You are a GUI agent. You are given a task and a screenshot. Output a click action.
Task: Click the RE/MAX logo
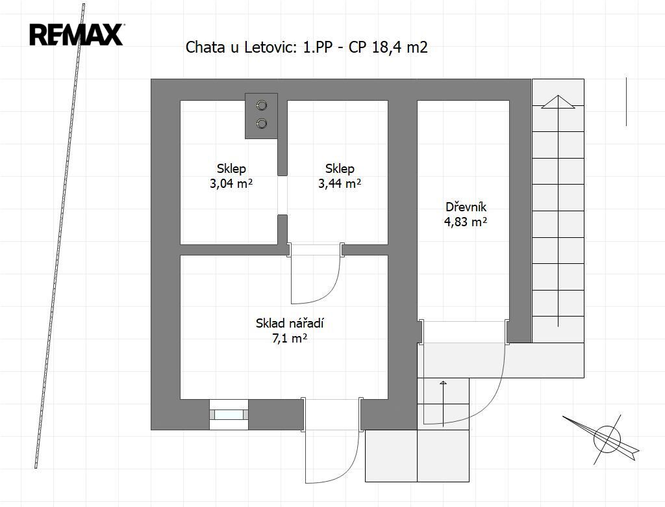click(x=77, y=35)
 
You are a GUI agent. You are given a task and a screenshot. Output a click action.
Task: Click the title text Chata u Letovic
click(x=241, y=47)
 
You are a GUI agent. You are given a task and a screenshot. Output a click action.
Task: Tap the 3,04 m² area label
click(x=231, y=183)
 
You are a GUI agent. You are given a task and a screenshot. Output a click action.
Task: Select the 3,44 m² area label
click(x=340, y=183)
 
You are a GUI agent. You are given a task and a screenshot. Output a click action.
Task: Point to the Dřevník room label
click(x=466, y=207)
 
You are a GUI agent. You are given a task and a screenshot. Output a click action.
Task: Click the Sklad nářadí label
click(x=290, y=324)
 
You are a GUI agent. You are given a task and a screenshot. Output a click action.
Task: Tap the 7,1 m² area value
click(x=290, y=339)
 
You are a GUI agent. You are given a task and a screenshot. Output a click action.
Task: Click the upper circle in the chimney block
click(x=262, y=105)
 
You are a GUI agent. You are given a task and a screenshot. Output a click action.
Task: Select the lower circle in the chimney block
click(x=262, y=123)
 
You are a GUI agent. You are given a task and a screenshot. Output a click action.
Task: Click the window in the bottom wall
click(x=229, y=415)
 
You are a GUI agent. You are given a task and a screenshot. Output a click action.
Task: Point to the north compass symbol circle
click(x=607, y=439)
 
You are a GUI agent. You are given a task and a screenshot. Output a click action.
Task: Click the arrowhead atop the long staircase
click(x=558, y=102)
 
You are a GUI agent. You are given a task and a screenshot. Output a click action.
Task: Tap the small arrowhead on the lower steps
click(x=443, y=383)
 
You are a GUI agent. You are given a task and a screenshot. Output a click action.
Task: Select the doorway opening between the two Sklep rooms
click(x=282, y=195)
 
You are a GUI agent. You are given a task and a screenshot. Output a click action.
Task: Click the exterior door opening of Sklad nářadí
click(x=332, y=415)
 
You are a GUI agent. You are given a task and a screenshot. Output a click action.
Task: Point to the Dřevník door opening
click(x=465, y=332)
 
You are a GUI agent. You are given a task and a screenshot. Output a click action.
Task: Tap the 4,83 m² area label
click(x=465, y=222)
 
